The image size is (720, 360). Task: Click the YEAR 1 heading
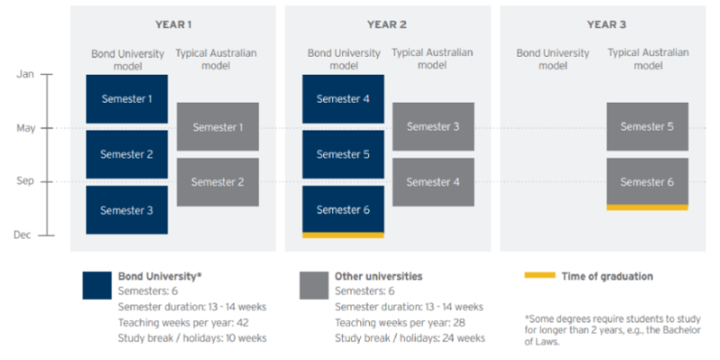pyautogui.click(x=173, y=25)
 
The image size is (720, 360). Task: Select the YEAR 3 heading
pyautogui.click(x=606, y=25)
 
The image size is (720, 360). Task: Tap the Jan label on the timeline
pyautogui.click(x=25, y=74)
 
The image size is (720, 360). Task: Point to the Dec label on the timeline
pyautogui.click(x=22, y=235)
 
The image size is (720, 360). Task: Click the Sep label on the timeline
pyautogui.click(x=25, y=181)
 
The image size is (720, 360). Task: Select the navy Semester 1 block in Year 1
pyautogui.click(x=127, y=99)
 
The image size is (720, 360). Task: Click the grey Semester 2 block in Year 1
pyautogui.click(x=218, y=183)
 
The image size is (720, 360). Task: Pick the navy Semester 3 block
pyautogui.click(x=127, y=210)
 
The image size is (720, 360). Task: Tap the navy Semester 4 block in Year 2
pyautogui.click(x=343, y=99)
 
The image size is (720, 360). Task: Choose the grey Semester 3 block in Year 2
pyautogui.click(x=433, y=127)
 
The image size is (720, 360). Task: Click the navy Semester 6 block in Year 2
pyautogui.click(x=343, y=209)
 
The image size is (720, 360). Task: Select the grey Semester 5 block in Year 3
pyautogui.click(x=647, y=127)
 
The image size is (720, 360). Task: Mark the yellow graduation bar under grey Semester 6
pyautogui.click(x=647, y=208)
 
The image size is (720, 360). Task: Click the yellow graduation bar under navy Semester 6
pyautogui.click(x=343, y=235)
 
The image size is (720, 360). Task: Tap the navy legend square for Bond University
pyautogui.click(x=97, y=285)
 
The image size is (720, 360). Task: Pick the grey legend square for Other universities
pyautogui.click(x=313, y=285)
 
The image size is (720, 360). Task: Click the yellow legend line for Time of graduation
pyautogui.click(x=540, y=275)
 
